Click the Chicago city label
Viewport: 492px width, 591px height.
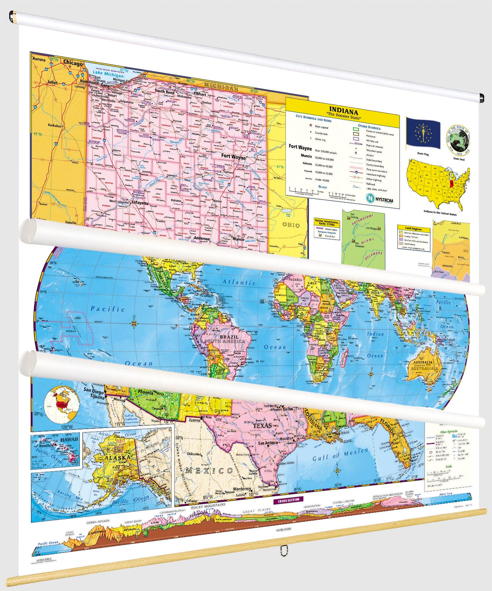pos(73,63)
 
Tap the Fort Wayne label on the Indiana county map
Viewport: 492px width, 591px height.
pos(233,156)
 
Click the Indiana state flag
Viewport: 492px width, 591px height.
pos(423,133)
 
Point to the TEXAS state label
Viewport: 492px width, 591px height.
pos(262,425)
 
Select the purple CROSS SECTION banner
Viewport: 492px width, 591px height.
pos(288,499)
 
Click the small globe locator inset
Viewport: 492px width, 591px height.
pos(61,402)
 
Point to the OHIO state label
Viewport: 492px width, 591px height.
pos(291,225)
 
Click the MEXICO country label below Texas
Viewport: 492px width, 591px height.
pos(209,471)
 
